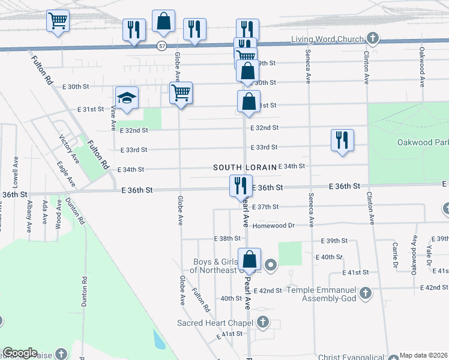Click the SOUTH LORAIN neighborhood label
[244, 167]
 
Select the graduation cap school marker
[127, 98]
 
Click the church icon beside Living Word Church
[372, 39]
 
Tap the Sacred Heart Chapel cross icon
[262, 323]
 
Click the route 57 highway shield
[162, 46]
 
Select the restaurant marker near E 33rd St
[342, 140]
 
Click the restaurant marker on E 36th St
[241, 185]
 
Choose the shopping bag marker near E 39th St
[250, 259]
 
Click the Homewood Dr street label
[274, 226]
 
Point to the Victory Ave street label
[68, 149]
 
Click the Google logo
[20, 353]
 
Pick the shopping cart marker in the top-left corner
[58, 21]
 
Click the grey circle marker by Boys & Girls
[271, 264]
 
